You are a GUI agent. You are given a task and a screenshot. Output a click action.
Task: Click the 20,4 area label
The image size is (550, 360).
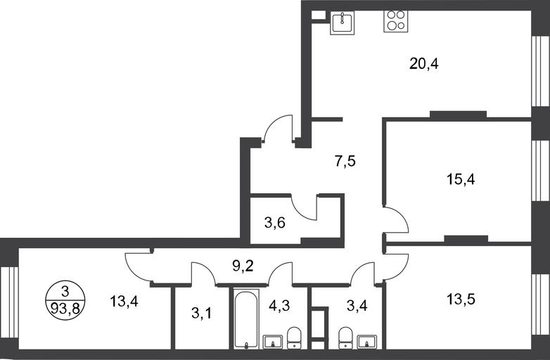pyautogui.click(x=423, y=64)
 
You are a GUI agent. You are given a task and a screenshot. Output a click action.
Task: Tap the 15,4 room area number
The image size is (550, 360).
pyautogui.click(x=461, y=179)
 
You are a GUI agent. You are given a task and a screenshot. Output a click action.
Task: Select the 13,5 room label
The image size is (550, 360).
pyautogui.click(x=461, y=300)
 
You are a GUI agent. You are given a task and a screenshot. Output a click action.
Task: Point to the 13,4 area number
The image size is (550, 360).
pyautogui.click(x=124, y=301)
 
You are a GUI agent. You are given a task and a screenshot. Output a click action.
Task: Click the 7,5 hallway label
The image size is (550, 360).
pyautogui.click(x=345, y=162)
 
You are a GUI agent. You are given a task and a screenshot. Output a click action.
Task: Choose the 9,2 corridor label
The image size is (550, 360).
pyautogui.click(x=243, y=266)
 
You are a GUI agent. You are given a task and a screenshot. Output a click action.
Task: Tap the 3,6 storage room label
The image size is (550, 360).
pyautogui.click(x=275, y=223)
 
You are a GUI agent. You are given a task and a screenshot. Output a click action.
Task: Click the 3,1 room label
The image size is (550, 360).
pyautogui.click(x=202, y=314)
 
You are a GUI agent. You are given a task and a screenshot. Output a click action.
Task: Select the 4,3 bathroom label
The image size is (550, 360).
pyautogui.click(x=279, y=306)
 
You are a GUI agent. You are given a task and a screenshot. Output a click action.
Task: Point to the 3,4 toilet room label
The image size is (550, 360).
pyautogui.click(x=357, y=306)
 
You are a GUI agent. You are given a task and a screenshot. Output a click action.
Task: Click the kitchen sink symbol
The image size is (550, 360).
pyautogui.click(x=343, y=22)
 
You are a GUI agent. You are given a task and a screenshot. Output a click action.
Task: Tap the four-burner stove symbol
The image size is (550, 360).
pyautogui.click(x=396, y=21)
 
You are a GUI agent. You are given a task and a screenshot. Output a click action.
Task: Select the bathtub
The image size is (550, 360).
pyautogui.click(x=246, y=319)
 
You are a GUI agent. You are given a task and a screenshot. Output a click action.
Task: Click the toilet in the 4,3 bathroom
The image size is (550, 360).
pyautogui.click(x=294, y=338)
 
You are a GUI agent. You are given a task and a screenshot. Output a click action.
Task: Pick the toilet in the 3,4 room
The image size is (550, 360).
pyautogui.click(x=345, y=338)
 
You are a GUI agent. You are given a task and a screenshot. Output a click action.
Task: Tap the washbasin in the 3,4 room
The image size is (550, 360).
pyautogui.click(x=367, y=342)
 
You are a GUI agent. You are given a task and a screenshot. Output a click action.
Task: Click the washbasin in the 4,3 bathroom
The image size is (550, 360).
pyautogui.click(x=273, y=342)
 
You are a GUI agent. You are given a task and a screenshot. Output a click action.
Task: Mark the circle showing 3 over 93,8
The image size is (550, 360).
pyautogui.click(x=65, y=300)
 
